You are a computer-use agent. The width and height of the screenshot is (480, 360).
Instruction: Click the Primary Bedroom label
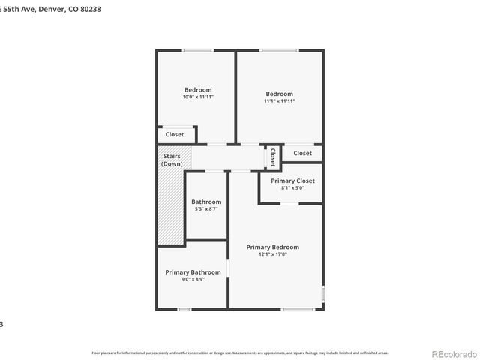point(273,247)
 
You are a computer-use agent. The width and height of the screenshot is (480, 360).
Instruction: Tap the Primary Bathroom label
point(193,272)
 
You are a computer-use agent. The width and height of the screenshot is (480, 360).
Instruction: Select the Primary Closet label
point(292,181)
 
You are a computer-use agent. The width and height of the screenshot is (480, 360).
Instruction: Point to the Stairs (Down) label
point(172,160)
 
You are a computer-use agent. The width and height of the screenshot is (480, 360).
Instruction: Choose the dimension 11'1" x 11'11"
point(280,100)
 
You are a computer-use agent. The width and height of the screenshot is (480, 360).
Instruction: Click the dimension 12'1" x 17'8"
point(273,254)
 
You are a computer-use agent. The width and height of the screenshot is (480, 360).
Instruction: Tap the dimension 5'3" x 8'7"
point(206,209)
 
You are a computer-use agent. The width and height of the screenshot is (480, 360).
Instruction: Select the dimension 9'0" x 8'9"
point(193,279)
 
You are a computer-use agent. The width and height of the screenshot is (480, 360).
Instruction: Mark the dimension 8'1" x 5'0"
point(292,188)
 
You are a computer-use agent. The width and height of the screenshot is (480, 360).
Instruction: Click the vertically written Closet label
point(273,157)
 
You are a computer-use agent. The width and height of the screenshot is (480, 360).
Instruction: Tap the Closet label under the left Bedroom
point(175,135)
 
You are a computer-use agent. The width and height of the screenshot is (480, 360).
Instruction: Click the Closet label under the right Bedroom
point(302,153)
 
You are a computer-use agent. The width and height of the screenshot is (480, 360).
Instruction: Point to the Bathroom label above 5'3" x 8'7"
point(206,202)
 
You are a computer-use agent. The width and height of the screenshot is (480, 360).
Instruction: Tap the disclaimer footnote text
point(239,352)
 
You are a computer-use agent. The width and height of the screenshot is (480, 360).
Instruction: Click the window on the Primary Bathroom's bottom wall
point(184,309)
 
